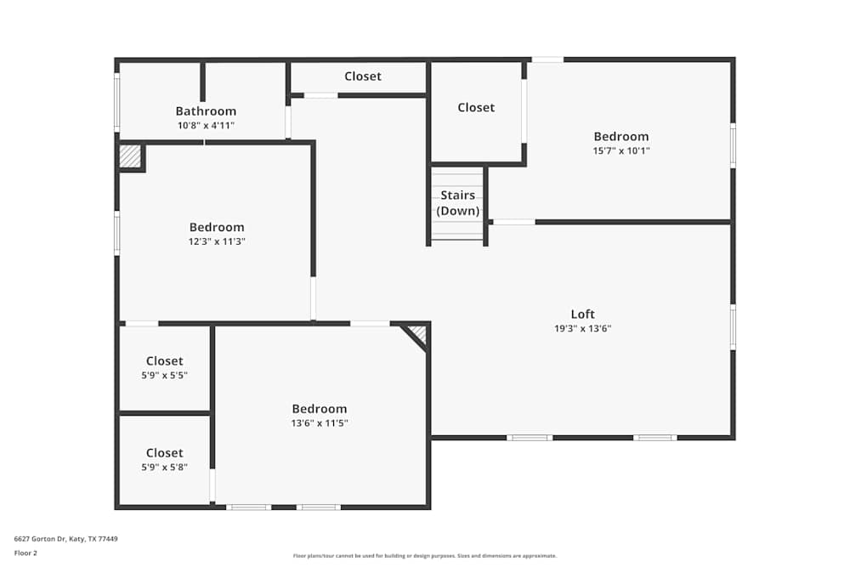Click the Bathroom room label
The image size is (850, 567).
pyautogui.click(x=206, y=111)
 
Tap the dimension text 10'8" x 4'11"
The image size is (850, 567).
pyautogui.click(x=206, y=126)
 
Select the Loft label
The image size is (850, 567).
pyautogui.click(x=582, y=314)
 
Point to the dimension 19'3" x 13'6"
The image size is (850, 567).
pyautogui.click(x=582, y=328)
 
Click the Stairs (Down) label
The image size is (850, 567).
pyautogui.click(x=457, y=203)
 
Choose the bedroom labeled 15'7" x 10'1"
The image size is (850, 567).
pyautogui.click(x=620, y=137)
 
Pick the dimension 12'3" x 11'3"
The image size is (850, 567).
pyautogui.click(x=217, y=241)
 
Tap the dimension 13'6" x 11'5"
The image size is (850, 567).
pyautogui.click(x=320, y=423)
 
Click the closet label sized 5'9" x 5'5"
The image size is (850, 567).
pyautogui.click(x=164, y=361)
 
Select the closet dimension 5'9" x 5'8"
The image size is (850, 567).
pyautogui.click(x=164, y=468)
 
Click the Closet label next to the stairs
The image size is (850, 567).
pyautogui.click(x=475, y=108)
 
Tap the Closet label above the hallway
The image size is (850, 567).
pyautogui.click(x=363, y=77)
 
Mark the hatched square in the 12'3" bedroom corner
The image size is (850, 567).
pyautogui.click(x=129, y=156)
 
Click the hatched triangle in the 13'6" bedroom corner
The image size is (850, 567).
pyautogui.click(x=417, y=334)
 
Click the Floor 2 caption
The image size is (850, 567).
pyautogui.click(x=25, y=553)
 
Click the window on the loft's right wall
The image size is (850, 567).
pyautogui.click(x=733, y=326)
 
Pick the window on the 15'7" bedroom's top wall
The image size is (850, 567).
pyautogui.click(x=547, y=60)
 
